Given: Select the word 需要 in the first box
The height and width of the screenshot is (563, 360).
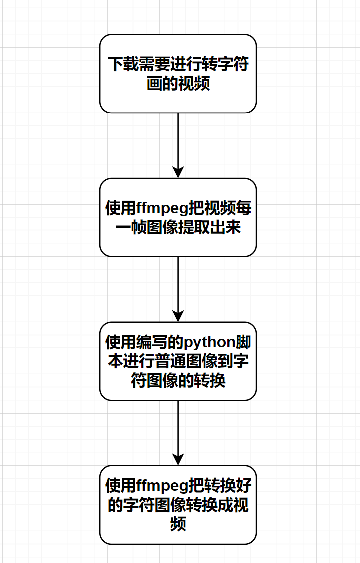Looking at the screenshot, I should point(151,65).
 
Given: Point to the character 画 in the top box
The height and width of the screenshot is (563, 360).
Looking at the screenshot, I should point(154,83).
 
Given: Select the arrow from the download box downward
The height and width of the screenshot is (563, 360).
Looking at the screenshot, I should point(178,144).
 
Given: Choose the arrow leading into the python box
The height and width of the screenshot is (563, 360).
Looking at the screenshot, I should point(178,289).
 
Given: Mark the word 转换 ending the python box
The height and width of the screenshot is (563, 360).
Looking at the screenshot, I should point(211,381).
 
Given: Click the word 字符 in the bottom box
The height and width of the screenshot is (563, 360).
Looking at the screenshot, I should point(136,505).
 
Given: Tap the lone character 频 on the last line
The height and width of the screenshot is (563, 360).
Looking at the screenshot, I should point(178,524).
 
